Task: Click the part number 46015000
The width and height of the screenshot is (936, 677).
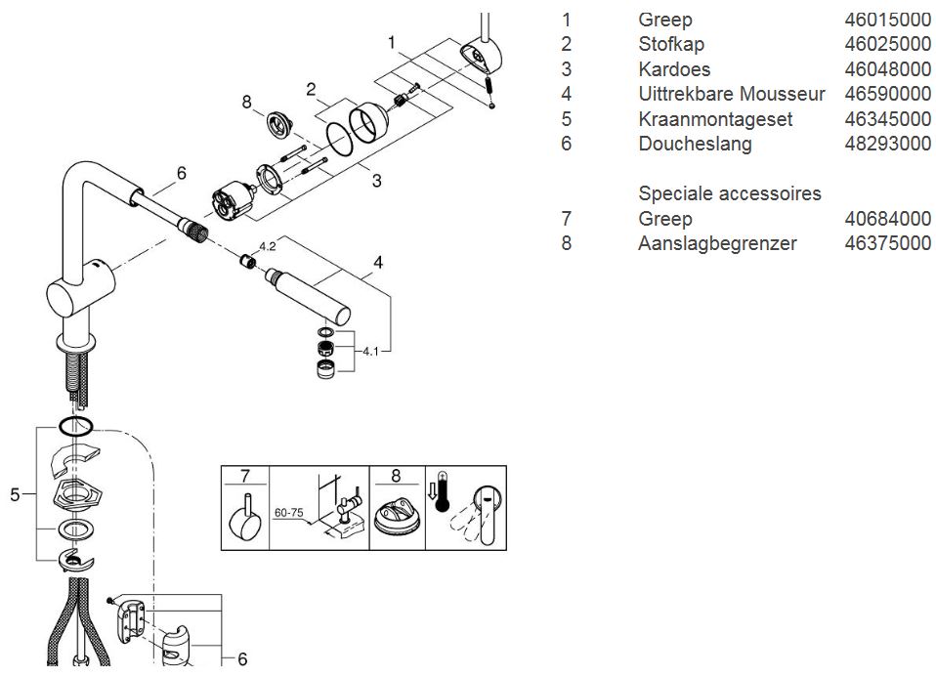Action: [x=887, y=20]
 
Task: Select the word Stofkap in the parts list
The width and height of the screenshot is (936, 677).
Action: [x=671, y=44]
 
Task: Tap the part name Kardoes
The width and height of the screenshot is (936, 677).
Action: [x=674, y=69]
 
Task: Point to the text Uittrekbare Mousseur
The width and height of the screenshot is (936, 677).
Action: [x=732, y=95]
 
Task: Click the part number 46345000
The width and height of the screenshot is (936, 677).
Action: [x=887, y=119]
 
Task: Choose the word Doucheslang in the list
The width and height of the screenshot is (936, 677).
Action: [x=695, y=145]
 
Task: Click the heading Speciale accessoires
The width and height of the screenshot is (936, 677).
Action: [x=730, y=193]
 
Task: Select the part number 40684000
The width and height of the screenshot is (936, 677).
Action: [x=887, y=219]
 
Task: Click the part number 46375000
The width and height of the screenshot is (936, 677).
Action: [x=887, y=243]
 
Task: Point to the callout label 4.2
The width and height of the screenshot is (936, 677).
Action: [x=268, y=246]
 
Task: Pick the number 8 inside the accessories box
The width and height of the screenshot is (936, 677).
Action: [x=396, y=478]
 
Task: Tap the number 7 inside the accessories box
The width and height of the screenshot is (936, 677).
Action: [x=245, y=478]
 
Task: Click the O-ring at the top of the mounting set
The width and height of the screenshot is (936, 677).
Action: [x=76, y=426]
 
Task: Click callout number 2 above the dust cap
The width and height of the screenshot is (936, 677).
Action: [x=310, y=91]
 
